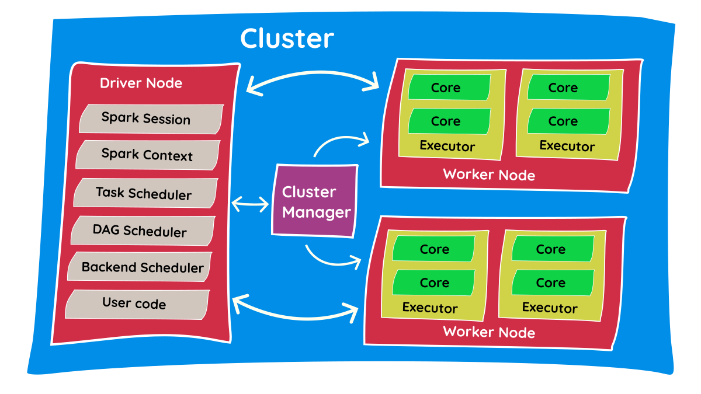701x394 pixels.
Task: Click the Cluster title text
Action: click(x=287, y=39)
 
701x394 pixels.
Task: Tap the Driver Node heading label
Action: click(x=141, y=83)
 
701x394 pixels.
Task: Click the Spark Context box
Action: click(x=147, y=155)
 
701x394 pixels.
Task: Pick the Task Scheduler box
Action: click(x=144, y=193)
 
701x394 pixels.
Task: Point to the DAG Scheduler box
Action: click(x=140, y=231)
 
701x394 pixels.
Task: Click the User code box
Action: click(x=135, y=304)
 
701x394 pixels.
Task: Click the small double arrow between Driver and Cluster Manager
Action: click(x=250, y=204)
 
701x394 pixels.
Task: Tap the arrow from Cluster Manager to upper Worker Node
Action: click(x=342, y=142)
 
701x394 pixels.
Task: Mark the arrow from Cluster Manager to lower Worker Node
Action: click(x=332, y=257)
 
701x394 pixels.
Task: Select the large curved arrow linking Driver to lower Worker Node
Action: click(x=295, y=312)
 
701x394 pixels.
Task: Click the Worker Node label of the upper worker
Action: click(x=489, y=174)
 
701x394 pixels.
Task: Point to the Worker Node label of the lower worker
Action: click(x=489, y=332)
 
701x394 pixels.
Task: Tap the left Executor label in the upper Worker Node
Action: click(x=447, y=146)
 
